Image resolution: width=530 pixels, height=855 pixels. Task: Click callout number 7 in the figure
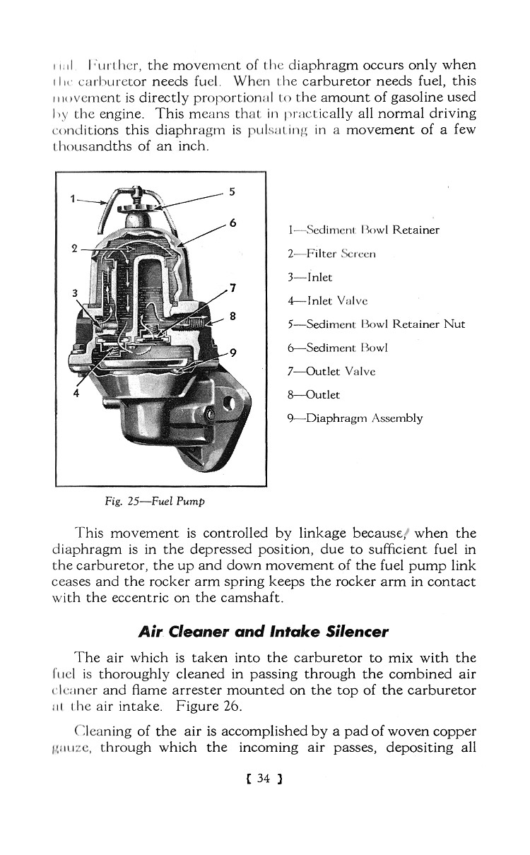tap(232, 287)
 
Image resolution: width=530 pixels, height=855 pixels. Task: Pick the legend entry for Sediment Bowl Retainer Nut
tap(377, 324)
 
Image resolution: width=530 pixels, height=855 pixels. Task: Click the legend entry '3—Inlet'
tap(310, 278)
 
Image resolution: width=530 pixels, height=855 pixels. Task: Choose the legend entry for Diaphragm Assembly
tap(355, 418)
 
